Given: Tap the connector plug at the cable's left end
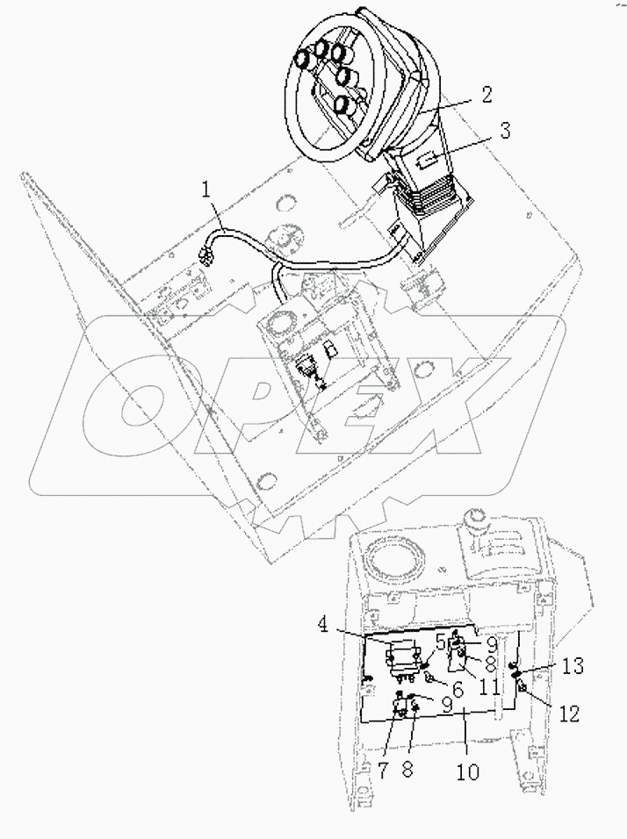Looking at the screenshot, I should [207, 255].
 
